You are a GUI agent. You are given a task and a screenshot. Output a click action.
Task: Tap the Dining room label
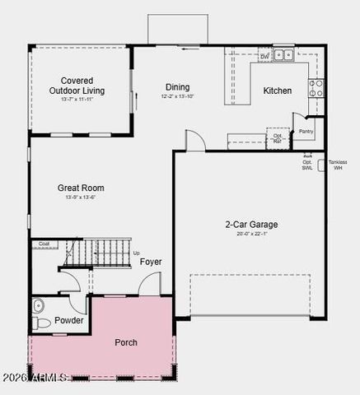click(x=177, y=87)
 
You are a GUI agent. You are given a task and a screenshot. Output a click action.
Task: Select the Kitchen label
click(x=278, y=91)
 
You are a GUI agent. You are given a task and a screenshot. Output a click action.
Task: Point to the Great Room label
click(x=81, y=188)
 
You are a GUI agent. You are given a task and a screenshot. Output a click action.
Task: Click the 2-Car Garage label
click(x=251, y=224)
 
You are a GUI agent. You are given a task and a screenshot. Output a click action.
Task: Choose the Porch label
click(x=126, y=342)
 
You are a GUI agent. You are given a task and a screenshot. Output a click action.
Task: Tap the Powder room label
click(x=69, y=320)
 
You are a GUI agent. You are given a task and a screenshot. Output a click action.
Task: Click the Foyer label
click(x=151, y=262)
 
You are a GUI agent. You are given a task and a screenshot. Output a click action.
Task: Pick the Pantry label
click(x=306, y=131)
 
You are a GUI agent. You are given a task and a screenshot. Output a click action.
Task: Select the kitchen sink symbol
click(x=283, y=55)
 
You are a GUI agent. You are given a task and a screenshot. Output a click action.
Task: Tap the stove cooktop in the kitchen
click(x=316, y=88)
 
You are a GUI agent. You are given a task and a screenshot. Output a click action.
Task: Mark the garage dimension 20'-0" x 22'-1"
click(x=251, y=235)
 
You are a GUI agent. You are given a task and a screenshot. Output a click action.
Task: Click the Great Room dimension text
click(x=81, y=197)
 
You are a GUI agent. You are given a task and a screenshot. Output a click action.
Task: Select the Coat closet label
click(x=44, y=244)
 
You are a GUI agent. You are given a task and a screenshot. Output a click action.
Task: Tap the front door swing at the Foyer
click(x=148, y=285)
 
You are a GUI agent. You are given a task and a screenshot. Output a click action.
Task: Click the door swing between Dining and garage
click(x=195, y=141)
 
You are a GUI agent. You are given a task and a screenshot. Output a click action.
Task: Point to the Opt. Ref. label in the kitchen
click(x=278, y=137)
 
